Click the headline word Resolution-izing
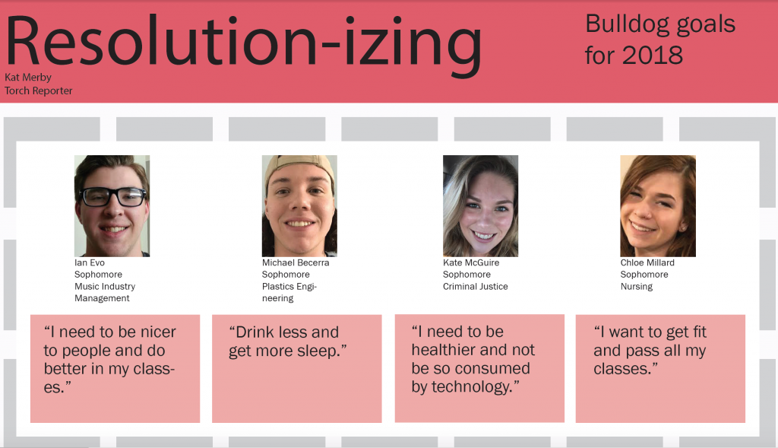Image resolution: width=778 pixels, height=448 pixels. tap(243, 45)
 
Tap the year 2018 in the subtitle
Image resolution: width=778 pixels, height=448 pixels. tap(653, 55)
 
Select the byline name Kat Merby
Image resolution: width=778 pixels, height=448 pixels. tap(28, 78)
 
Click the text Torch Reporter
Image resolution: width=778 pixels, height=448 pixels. tap(38, 91)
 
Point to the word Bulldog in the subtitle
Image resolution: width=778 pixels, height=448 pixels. tap(625, 24)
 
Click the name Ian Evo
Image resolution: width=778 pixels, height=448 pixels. tap(90, 262)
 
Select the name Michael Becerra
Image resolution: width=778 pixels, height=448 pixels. tap(296, 262)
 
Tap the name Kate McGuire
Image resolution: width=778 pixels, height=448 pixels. tap(471, 262)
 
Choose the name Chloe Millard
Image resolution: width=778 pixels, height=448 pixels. tap(647, 262)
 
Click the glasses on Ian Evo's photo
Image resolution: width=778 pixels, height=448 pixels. tap(113, 197)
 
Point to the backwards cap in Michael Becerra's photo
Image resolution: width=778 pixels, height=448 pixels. tap(299, 169)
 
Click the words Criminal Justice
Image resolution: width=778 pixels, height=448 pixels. tap(476, 287)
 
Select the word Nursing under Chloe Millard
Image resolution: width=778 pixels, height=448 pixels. tap(637, 287)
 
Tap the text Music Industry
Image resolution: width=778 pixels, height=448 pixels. tap(105, 287)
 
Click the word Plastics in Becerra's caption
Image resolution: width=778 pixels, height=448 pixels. tap(278, 287)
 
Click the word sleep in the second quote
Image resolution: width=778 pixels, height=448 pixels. tap(318, 351)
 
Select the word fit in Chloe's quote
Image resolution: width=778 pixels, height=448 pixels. tap(697, 332)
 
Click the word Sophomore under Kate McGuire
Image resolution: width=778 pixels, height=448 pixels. tap(466, 275)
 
